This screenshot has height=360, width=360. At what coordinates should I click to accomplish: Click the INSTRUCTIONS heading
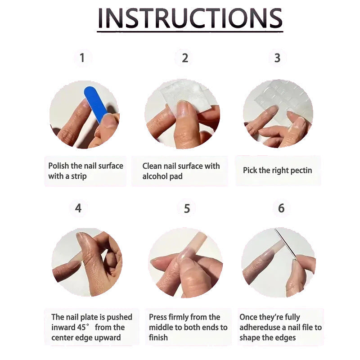(190, 18)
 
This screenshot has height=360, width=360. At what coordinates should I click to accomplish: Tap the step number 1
(82, 58)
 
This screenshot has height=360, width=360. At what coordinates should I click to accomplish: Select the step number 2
(185, 58)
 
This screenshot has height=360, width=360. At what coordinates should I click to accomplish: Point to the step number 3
(277, 58)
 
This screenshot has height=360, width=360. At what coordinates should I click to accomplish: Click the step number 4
(78, 208)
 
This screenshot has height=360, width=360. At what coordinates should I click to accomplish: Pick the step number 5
(187, 208)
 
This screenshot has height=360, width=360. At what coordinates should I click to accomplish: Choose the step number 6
(281, 208)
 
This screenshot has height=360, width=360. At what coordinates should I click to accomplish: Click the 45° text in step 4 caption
(81, 327)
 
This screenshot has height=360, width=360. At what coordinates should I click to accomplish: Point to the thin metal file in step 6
(285, 244)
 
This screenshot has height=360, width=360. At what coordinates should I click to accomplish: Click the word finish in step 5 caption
(158, 337)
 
